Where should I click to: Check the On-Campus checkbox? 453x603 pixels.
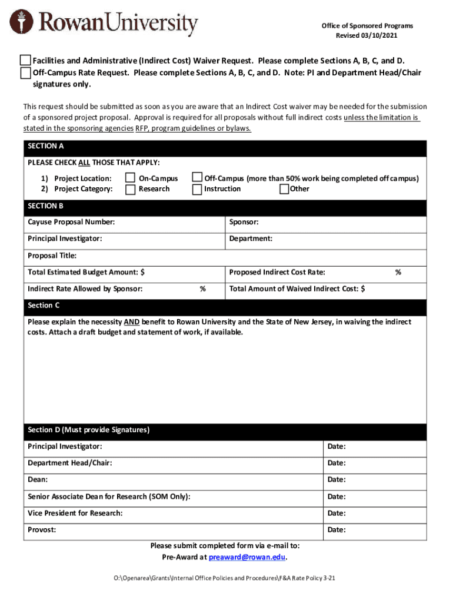(130, 178)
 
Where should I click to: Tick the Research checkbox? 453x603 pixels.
(130, 189)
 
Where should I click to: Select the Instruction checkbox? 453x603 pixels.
(197, 189)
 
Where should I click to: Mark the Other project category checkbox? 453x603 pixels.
(284, 189)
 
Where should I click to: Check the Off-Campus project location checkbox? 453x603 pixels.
(197, 178)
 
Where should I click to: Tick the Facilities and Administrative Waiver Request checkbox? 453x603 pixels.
(25, 61)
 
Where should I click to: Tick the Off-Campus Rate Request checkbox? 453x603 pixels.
(25, 73)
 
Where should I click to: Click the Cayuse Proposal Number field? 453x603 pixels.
(171, 223)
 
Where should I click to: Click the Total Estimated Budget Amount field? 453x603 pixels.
(182, 273)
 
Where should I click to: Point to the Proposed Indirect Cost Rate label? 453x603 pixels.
(277, 273)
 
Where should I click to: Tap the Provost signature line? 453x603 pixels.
(188, 530)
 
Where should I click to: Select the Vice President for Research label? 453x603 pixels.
(75, 513)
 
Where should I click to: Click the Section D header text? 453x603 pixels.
(88, 430)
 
